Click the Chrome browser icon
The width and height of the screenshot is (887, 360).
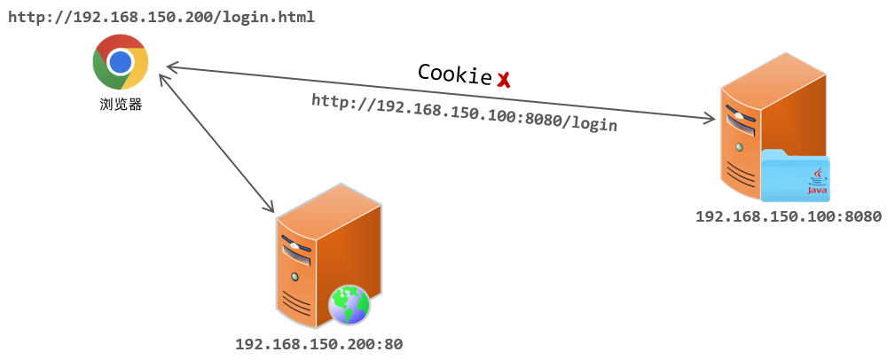121,62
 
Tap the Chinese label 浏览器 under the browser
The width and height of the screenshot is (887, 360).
121,104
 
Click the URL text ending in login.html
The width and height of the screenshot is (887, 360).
161,18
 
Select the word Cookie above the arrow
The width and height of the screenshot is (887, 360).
454,74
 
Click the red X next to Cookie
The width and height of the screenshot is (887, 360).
504,80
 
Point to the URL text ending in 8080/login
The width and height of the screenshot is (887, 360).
464,113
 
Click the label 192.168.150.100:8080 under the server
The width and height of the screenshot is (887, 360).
788,216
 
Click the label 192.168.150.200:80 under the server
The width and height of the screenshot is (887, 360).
325,343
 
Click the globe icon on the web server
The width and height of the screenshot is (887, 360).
349,305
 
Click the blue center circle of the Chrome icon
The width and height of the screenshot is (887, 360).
121,62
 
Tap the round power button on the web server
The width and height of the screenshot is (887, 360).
294,278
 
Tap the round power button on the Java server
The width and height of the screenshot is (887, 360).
737,146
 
